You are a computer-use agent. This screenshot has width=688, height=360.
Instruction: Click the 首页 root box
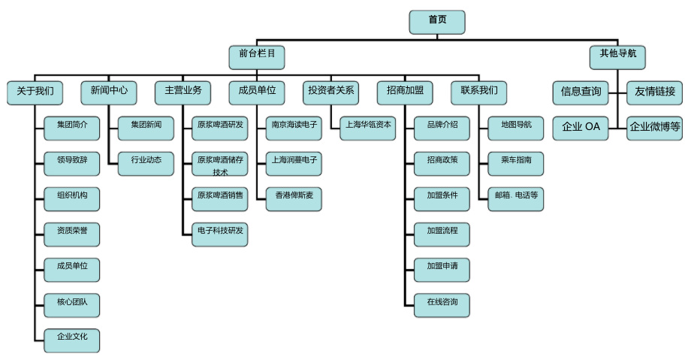click(x=437, y=21)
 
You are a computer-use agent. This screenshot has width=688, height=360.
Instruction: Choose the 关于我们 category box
click(x=35, y=92)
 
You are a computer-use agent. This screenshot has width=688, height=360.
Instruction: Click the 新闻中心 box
click(x=109, y=92)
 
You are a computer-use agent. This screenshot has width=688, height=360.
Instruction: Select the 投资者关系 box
click(x=331, y=92)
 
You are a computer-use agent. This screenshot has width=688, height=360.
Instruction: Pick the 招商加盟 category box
click(x=404, y=92)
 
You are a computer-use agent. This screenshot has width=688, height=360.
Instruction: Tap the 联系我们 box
click(x=478, y=92)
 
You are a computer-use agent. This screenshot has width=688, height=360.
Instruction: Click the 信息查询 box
click(x=581, y=92)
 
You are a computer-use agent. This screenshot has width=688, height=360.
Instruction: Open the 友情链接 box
click(x=654, y=92)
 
